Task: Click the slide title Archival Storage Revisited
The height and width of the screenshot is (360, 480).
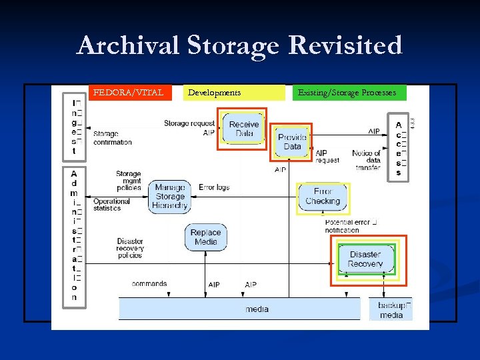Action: (x=239, y=46)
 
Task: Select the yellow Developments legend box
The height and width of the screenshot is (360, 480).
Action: (x=233, y=93)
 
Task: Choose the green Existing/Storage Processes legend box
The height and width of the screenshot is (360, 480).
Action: (x=349, y=93)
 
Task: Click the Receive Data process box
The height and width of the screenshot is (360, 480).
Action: (x=244, y=129)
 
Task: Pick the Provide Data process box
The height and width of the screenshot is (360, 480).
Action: (x=292, y=142)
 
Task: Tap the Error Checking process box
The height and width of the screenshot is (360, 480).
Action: (x=323, y=197)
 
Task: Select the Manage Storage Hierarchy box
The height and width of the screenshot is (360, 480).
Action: (x=170, y=197)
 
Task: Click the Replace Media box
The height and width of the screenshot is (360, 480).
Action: (x=205, y=237)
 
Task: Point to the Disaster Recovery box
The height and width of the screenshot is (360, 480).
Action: (x=365, y=259)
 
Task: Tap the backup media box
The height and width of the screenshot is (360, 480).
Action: (x=391, y=310)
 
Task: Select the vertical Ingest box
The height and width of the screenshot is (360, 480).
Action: (x=74, y=127)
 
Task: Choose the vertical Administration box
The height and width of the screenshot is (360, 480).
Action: (x=74, y=237)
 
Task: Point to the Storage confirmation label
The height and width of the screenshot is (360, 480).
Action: (x=112, y=138)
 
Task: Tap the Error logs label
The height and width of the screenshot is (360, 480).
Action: (x=214, y=187)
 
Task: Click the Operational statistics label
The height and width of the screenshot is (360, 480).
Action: (x=111, y=205)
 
